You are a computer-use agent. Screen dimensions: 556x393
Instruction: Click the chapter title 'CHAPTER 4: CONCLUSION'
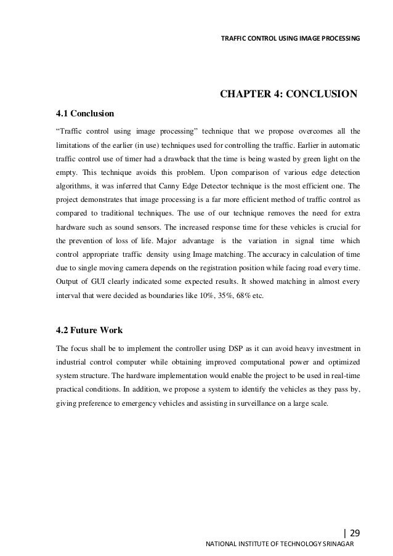(x=288, y=94)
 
